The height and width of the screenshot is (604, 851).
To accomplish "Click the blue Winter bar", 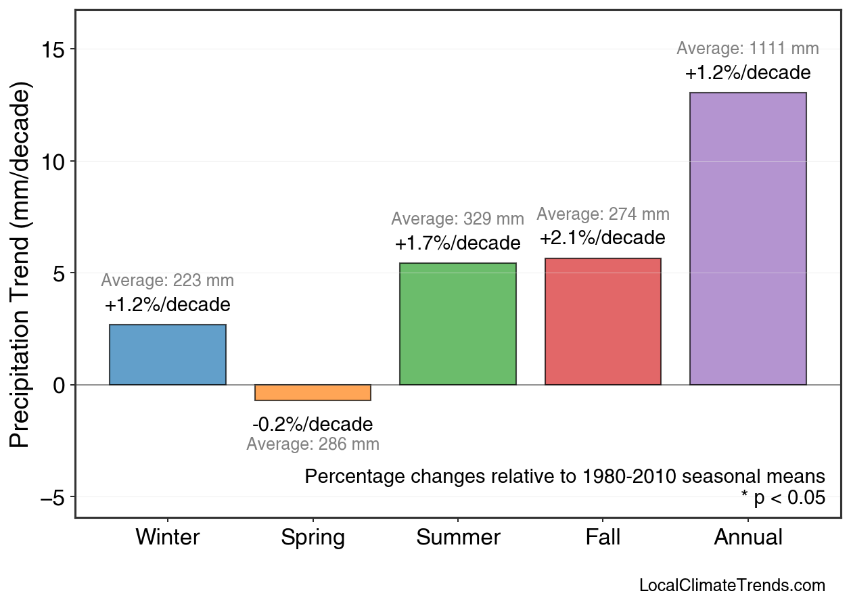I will (x=168, y=354).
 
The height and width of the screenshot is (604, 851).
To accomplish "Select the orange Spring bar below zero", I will (x=313, y=392).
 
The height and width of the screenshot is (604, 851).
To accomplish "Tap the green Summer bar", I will (x=458, y=324).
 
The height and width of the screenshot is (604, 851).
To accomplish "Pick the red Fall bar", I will (x=603, y=321).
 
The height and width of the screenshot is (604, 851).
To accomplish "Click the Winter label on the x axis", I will (x=168, y=538).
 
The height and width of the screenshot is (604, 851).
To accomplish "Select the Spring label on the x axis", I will (x=313, y=538).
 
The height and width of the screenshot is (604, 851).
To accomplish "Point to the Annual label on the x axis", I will (x=747, y=538).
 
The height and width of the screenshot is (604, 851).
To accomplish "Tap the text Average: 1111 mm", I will (x=747, y=49).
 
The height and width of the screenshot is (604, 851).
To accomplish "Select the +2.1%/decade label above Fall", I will (x=603, y=238).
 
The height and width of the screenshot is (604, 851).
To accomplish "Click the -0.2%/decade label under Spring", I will (x=313, y=425).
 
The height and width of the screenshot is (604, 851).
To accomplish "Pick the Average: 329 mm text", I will (x=458, y=219).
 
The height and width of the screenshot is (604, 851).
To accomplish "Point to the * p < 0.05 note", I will (x=783, y=498).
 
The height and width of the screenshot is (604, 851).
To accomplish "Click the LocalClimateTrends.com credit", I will (x=732, y=586).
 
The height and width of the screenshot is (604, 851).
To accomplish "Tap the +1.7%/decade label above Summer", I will (x=458, y=243).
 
